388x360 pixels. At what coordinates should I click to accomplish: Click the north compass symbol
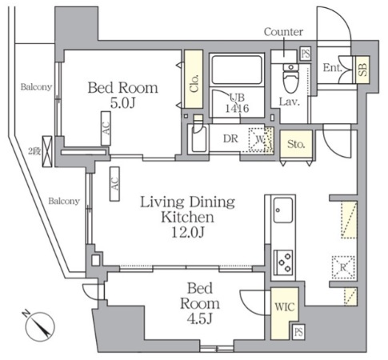point(40,326)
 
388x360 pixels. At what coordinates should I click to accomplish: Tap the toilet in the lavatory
point(290,78)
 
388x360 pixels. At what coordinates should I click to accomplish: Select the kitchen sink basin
point(283,210)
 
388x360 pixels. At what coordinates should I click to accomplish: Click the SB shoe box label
point(362,69)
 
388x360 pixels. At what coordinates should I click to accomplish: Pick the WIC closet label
point(285,307)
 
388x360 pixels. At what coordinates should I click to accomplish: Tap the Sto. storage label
point(296,144)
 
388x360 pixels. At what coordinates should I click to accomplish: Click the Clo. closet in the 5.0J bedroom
point(194,79)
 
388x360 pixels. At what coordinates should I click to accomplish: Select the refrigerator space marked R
point(343,267)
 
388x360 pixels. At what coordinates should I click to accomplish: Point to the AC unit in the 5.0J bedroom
point(106,128)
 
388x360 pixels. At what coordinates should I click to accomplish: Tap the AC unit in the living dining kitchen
point(114,184)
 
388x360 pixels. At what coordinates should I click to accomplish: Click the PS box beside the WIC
point(298,332)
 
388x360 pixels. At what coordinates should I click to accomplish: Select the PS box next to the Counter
point(306,54)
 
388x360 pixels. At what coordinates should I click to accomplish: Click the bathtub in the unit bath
point(237,70)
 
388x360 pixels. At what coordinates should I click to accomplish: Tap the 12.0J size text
point(188,233)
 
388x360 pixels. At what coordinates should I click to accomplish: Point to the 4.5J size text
point(200,319)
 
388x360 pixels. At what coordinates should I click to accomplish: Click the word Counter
point(283,32)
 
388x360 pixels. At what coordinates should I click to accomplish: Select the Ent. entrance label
point(332,68)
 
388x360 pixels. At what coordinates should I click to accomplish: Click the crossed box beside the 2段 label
point(47,151)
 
